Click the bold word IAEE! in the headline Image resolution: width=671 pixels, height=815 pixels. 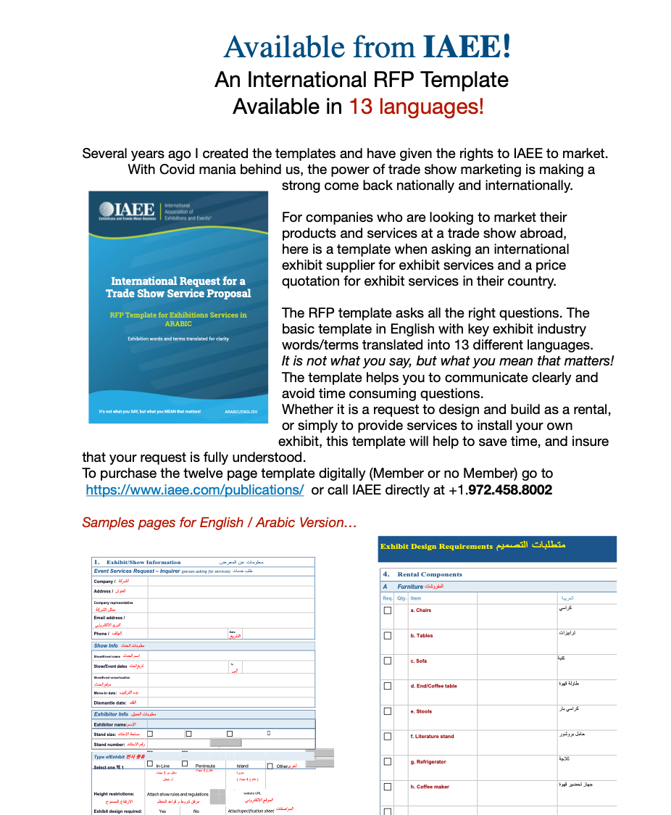467,46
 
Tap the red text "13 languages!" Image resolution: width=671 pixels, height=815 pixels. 416,107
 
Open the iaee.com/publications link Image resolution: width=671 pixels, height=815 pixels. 194,490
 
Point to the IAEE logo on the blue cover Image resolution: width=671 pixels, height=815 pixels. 128,211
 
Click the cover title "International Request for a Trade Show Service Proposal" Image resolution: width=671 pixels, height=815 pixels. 178,287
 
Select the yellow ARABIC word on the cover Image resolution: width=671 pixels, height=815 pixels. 178,324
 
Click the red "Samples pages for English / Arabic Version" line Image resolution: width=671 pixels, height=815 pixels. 220,523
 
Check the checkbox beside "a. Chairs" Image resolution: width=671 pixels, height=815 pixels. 388,611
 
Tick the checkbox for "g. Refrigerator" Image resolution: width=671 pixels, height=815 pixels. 388,762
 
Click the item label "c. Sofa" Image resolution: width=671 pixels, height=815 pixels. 419,661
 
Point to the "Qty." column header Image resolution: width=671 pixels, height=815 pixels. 401,598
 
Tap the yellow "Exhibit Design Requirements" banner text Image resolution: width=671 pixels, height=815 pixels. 436,546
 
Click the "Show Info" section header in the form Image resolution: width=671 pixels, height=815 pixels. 106,645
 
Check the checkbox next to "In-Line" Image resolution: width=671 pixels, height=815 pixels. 150,764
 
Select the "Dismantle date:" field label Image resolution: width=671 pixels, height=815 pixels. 110,703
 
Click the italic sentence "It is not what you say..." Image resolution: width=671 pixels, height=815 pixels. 448,361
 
